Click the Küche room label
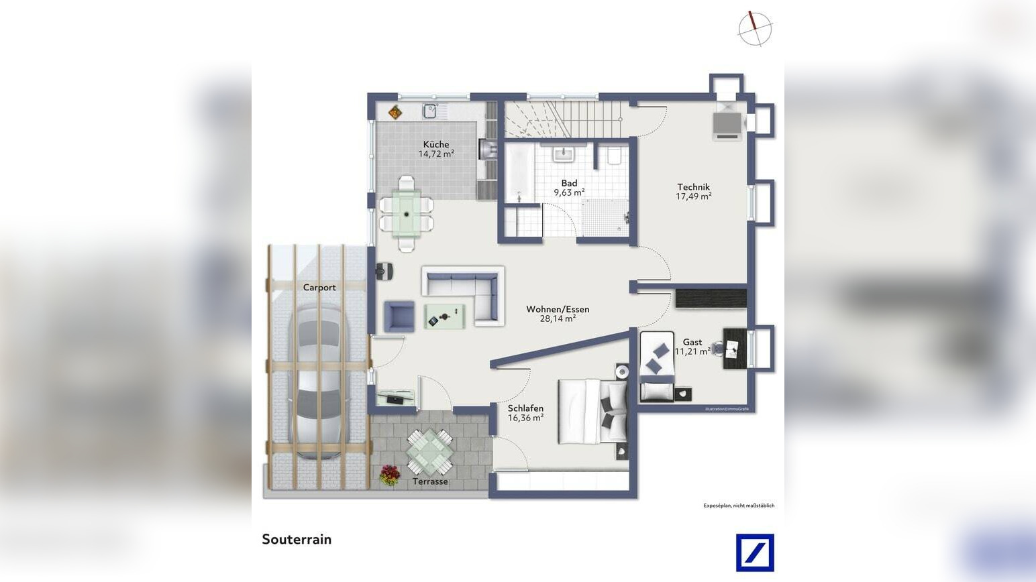point(435,144)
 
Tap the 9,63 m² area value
point(569,192)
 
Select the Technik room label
point(693,187)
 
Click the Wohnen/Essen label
point(558,309)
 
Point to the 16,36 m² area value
point(525,418)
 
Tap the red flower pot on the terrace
point(389,475)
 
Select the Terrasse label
point(430,481)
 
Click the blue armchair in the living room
point(399,316)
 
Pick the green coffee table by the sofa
point(444,316)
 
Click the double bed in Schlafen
point(593,411)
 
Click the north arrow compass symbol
point(755,29)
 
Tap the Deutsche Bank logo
point(755,552)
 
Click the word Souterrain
point(297,540)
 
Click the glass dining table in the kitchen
point(407,213)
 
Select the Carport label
point(319,288)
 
